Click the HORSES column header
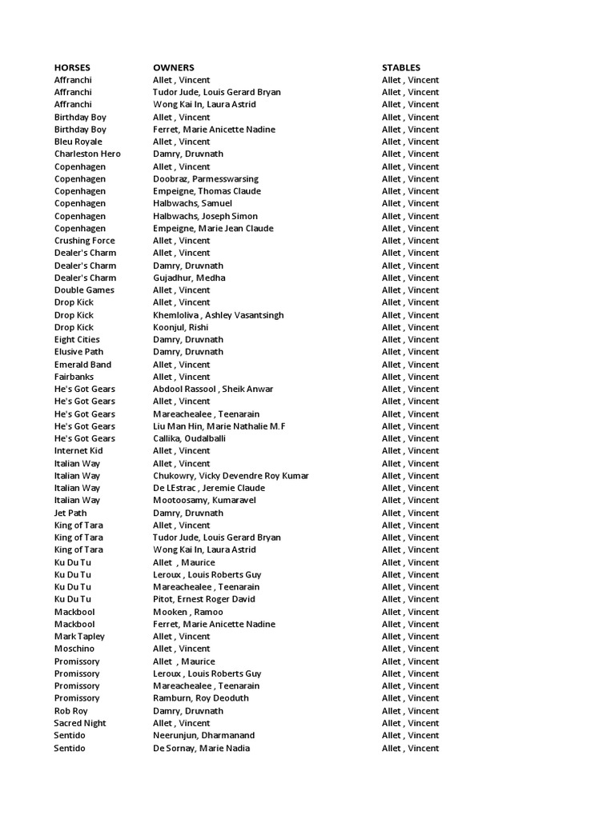(72, 68)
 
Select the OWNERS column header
(174, 68)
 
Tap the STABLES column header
(401, 68)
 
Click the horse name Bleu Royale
(78, 142)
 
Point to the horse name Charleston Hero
(87, 154)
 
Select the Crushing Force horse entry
(84, 241)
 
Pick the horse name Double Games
(84, 290)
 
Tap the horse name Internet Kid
(78, 451)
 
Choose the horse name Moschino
(76, 649)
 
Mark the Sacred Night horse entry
(80, 723)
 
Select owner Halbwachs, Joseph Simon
(206, 216)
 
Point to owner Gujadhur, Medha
(189, 278)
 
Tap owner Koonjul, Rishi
(181, 327)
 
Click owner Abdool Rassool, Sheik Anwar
(213, 390)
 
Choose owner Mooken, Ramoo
(187, 612)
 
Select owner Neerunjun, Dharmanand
(204, 736)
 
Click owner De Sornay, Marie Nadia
(202, 748)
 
